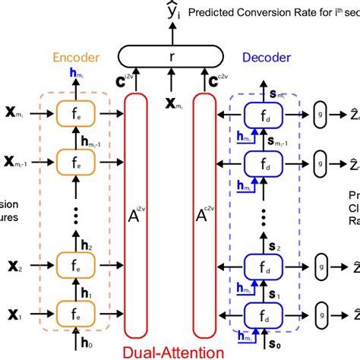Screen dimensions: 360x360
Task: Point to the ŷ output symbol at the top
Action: click(x=173, y=11)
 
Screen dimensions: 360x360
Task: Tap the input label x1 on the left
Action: click(x=12, y=313)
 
